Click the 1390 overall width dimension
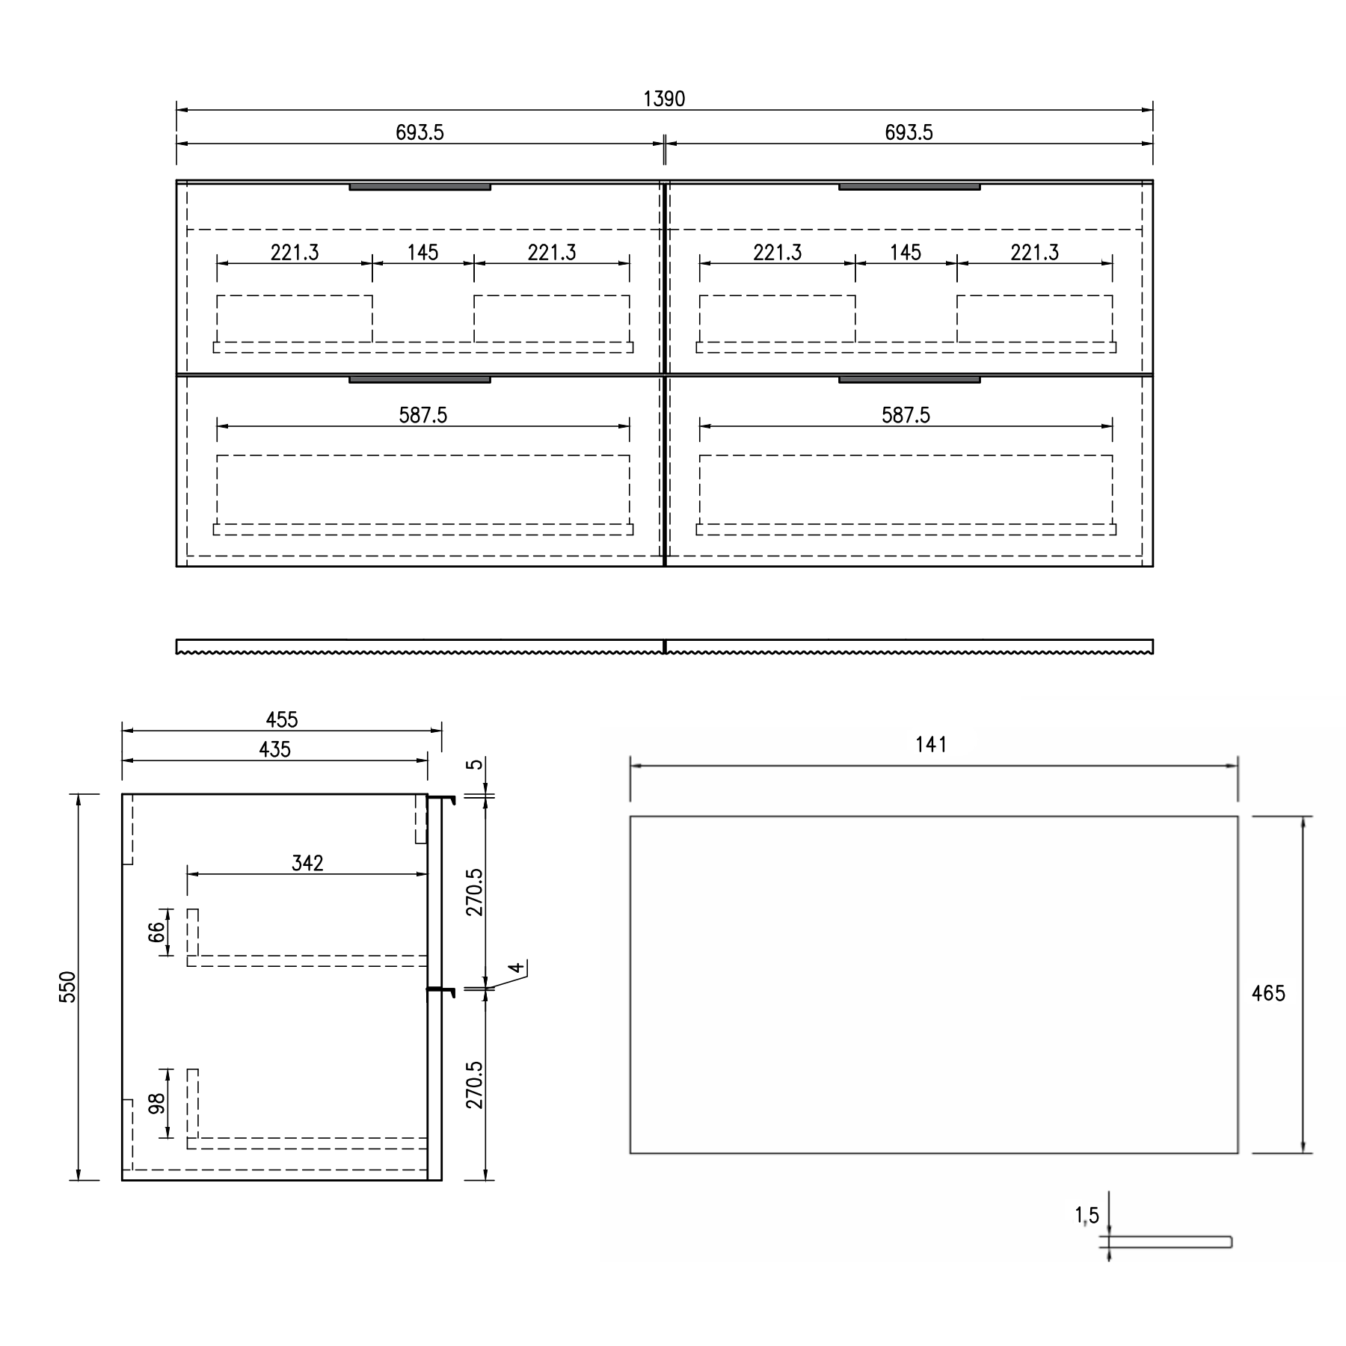[664, 99]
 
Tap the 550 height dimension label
[68, 986]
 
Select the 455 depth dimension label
[282, 719]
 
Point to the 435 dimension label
[274, 749]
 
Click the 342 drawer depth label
[307, 863]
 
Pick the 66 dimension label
[156, 932]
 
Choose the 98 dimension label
[156, 1104]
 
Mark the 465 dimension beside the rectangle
[1268, 993]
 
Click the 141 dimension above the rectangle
[931, 745]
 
